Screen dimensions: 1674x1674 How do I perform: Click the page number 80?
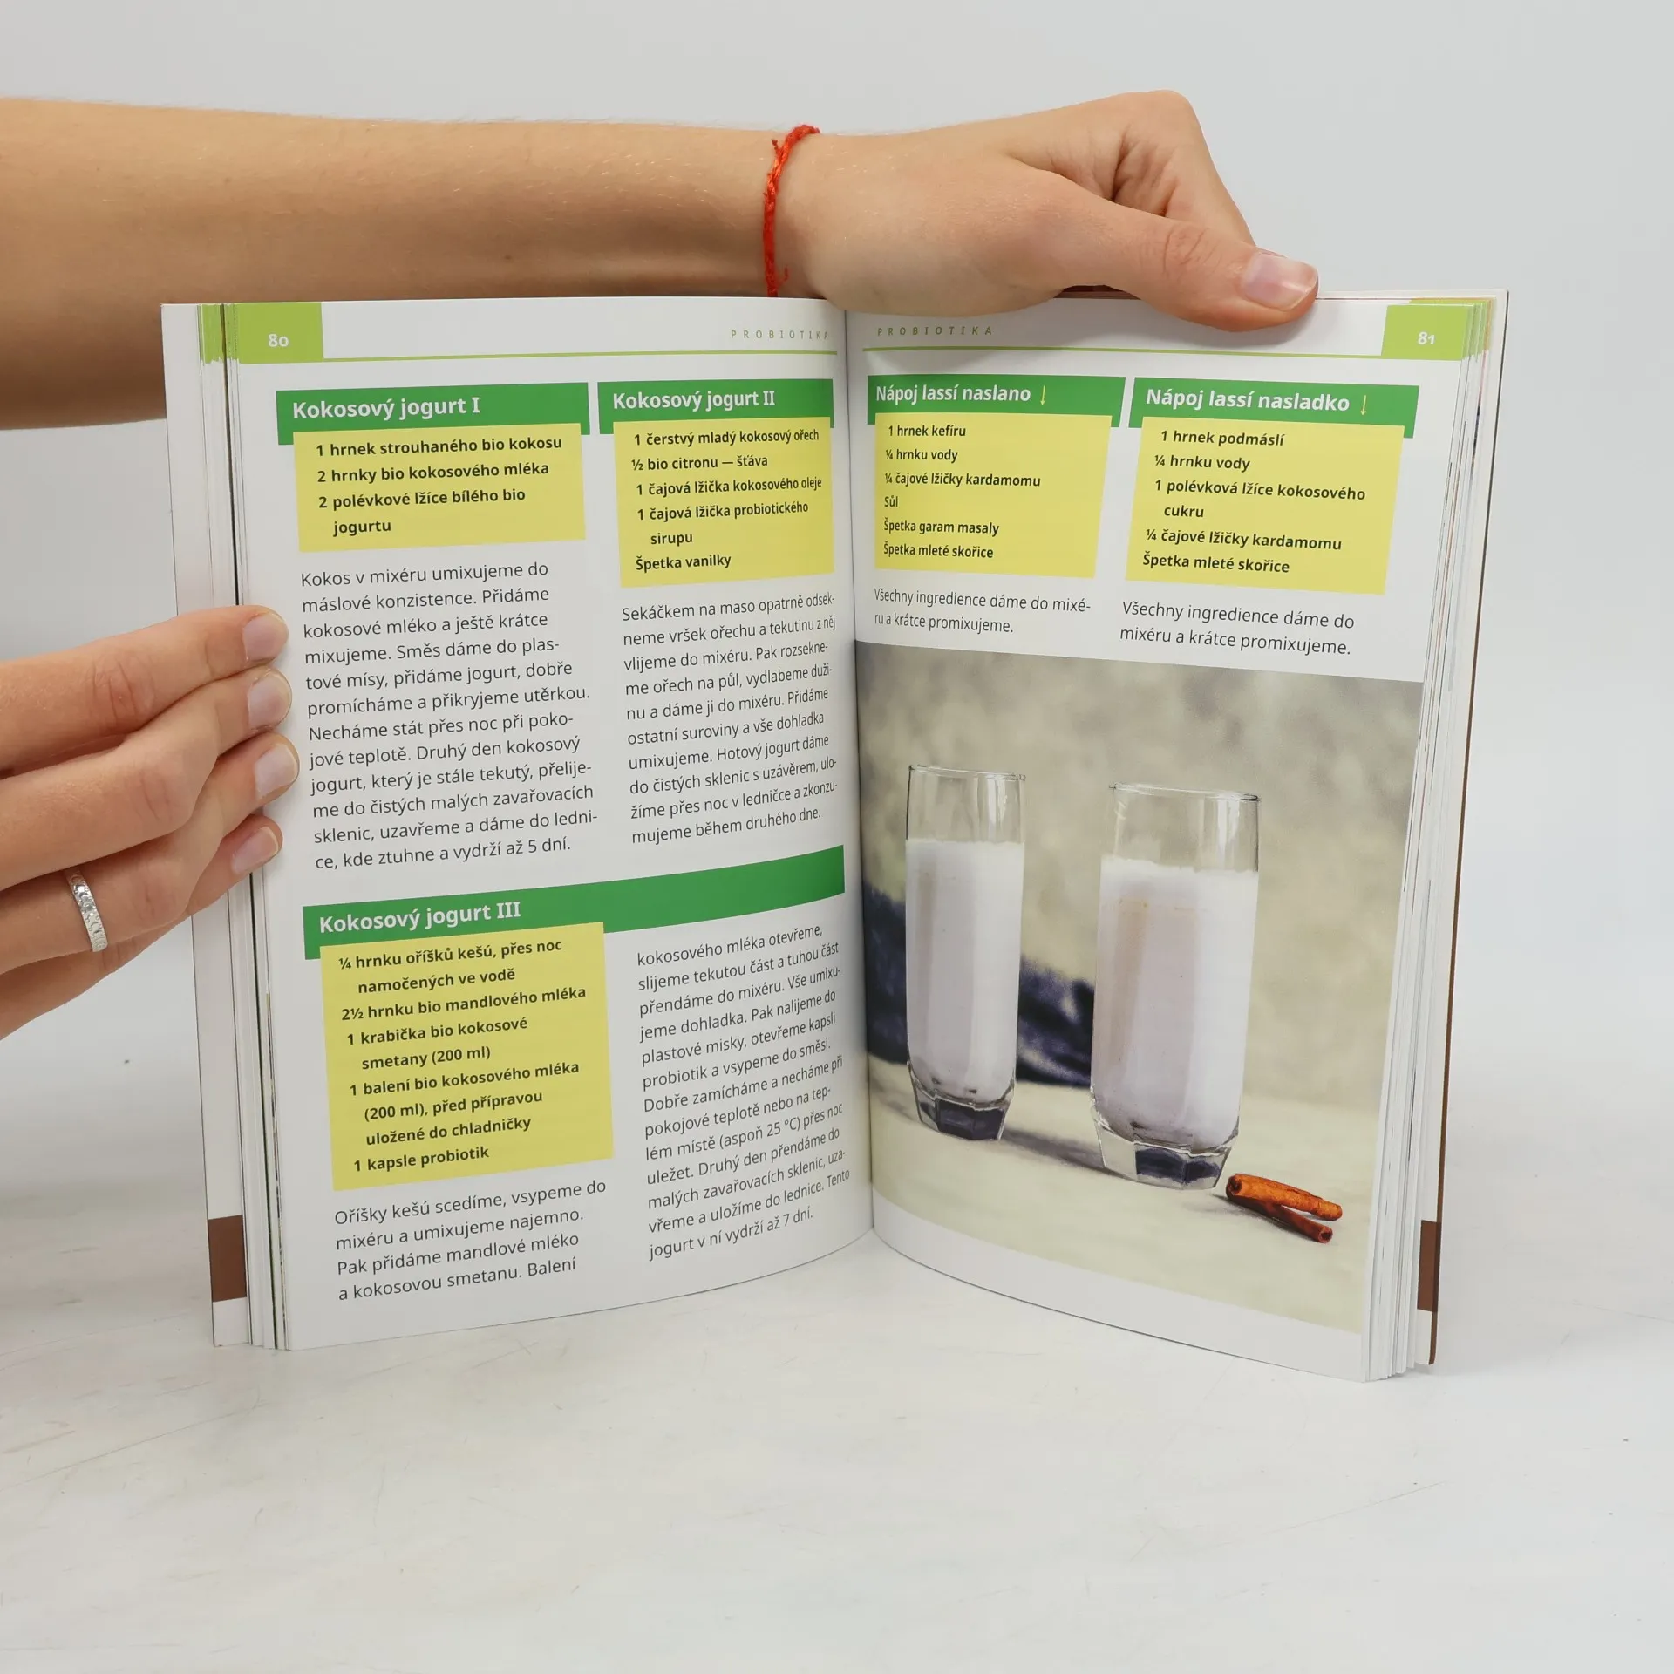278,340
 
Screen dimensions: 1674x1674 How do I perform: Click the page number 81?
1426,338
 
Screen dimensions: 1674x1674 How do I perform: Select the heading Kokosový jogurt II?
693,399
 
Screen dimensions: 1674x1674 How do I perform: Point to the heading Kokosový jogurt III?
419,917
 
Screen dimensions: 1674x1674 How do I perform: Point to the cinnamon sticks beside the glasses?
1283,1205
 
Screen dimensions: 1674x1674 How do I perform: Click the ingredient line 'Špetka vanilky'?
683,561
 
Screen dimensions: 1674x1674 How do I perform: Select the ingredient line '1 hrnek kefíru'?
927,431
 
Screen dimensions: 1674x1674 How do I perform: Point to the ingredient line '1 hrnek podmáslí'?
1221,438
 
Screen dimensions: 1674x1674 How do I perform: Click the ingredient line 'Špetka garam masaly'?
941,527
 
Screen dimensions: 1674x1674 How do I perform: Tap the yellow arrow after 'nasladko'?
1364,404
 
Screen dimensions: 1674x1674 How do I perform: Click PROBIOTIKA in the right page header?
935,331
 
